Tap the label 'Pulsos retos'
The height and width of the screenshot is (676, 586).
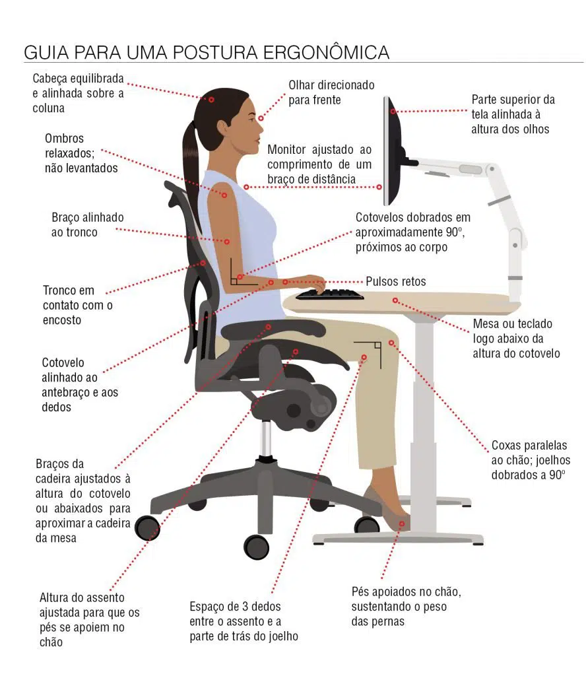point(396,281)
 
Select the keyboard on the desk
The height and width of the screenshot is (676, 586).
point(329,294)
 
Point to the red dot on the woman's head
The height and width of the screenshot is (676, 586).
point(212,100)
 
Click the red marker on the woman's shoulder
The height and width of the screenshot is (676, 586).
point(224,195)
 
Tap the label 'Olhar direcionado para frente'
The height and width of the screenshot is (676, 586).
point(331,92)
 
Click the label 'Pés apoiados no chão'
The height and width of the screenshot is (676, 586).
point(406,591)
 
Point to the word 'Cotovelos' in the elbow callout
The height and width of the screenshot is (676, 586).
point(380,217)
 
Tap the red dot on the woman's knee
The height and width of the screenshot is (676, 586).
point(391,343)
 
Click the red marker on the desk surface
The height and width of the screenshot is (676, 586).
point(395,300)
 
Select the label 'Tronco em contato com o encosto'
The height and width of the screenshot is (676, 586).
point(77,305)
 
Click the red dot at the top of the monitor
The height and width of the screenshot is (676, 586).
point(394,112)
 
